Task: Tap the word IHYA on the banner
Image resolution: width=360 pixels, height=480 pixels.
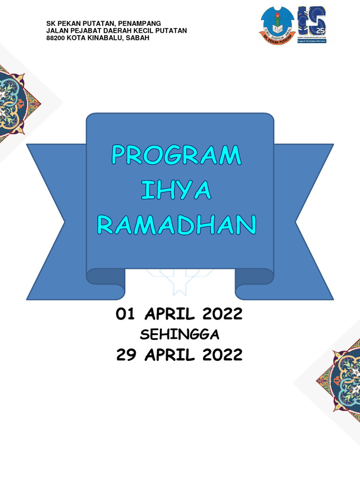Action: (x=176, y=191)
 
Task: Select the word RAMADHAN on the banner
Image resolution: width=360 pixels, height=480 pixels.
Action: (x=176, y=225)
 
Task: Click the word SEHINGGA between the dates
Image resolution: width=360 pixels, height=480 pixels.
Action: (x=180, y=335)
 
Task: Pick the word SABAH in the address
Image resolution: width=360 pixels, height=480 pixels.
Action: (x=138, y=38)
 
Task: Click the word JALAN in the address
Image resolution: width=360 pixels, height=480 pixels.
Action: (x=56, y=30)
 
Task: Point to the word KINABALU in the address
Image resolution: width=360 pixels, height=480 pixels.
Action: (x=101, y=38)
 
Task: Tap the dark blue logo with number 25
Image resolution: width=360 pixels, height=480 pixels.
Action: (x=312, y=24)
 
